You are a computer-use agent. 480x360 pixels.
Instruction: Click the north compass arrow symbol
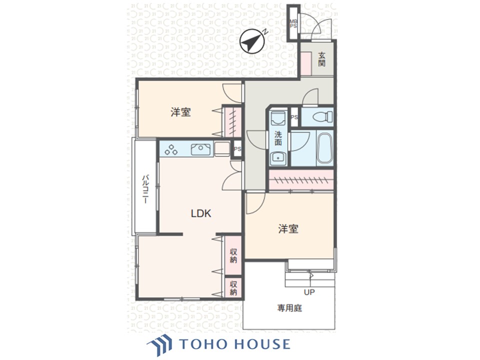251,41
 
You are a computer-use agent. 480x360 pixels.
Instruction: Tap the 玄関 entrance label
322,60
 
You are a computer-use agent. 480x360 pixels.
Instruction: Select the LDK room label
201,213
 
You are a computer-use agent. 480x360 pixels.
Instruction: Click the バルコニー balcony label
144,188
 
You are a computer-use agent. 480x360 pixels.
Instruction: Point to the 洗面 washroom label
278,138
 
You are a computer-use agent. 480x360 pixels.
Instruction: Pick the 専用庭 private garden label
290,308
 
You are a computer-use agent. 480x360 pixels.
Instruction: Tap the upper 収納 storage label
233,255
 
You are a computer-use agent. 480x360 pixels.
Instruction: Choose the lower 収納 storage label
233,287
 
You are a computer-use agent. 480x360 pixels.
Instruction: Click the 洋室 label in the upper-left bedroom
180,112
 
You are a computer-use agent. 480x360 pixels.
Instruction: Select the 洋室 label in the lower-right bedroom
288,228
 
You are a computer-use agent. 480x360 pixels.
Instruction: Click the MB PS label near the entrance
293,23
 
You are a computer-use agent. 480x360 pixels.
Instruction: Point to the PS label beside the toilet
294,117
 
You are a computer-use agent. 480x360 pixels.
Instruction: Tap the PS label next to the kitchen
237,148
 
